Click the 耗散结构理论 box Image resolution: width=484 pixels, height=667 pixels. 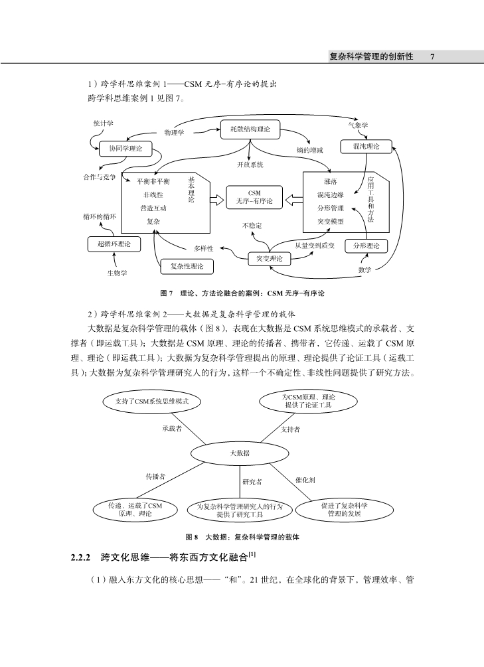[250, 129]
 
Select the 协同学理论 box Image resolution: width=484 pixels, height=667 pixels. [125, 149]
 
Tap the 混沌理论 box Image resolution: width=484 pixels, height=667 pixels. [366, 146]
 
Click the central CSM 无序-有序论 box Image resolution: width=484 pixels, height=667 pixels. [254, 197]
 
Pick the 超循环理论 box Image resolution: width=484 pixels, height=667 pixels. [114, 244]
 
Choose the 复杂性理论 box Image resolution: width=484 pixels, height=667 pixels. [187, 266]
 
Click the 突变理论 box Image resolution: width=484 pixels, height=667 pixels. [269, 259]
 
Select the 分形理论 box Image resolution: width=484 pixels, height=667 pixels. [366, 246]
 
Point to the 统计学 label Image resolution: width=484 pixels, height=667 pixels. [104, 123]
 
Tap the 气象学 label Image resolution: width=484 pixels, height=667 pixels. [358, 125]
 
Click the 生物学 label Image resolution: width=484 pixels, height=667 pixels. [117, 273]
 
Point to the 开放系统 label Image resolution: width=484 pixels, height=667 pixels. [250, 165]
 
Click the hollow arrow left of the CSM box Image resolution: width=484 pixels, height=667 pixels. [217, 200]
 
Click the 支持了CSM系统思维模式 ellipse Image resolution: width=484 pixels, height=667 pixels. [152, 401]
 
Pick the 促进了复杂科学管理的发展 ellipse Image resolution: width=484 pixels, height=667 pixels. [344, 510]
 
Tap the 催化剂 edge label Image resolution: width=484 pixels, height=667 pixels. [305, 480]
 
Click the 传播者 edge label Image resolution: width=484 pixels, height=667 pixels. [155, 477]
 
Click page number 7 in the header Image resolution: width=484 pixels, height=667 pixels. [432, 56]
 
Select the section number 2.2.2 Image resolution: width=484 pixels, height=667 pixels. [81, 557]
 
